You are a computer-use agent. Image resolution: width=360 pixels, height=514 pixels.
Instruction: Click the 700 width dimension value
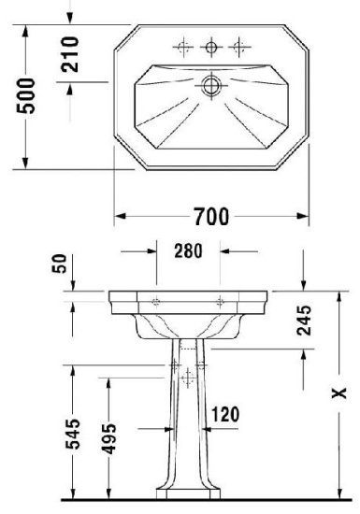pyautogui.click(x=211, y=217)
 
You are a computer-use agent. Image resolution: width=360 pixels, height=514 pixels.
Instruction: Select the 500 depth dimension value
pyautogui.click(x=31, y=95)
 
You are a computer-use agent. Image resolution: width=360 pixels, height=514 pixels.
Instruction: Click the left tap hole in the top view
pyautogui.click(x=183, y=45)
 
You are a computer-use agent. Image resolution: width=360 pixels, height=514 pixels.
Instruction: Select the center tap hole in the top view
pyautogui.click(x=213, y=45)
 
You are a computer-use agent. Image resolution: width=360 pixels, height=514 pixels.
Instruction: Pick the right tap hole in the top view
pyautogui.click(x=243, y=45)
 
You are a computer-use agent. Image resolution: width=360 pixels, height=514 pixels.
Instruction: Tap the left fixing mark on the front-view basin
pyautogui.click(x=155, y=301)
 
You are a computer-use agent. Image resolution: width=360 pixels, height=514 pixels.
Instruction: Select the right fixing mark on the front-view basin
pyautogui.click(x=221, y=301)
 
